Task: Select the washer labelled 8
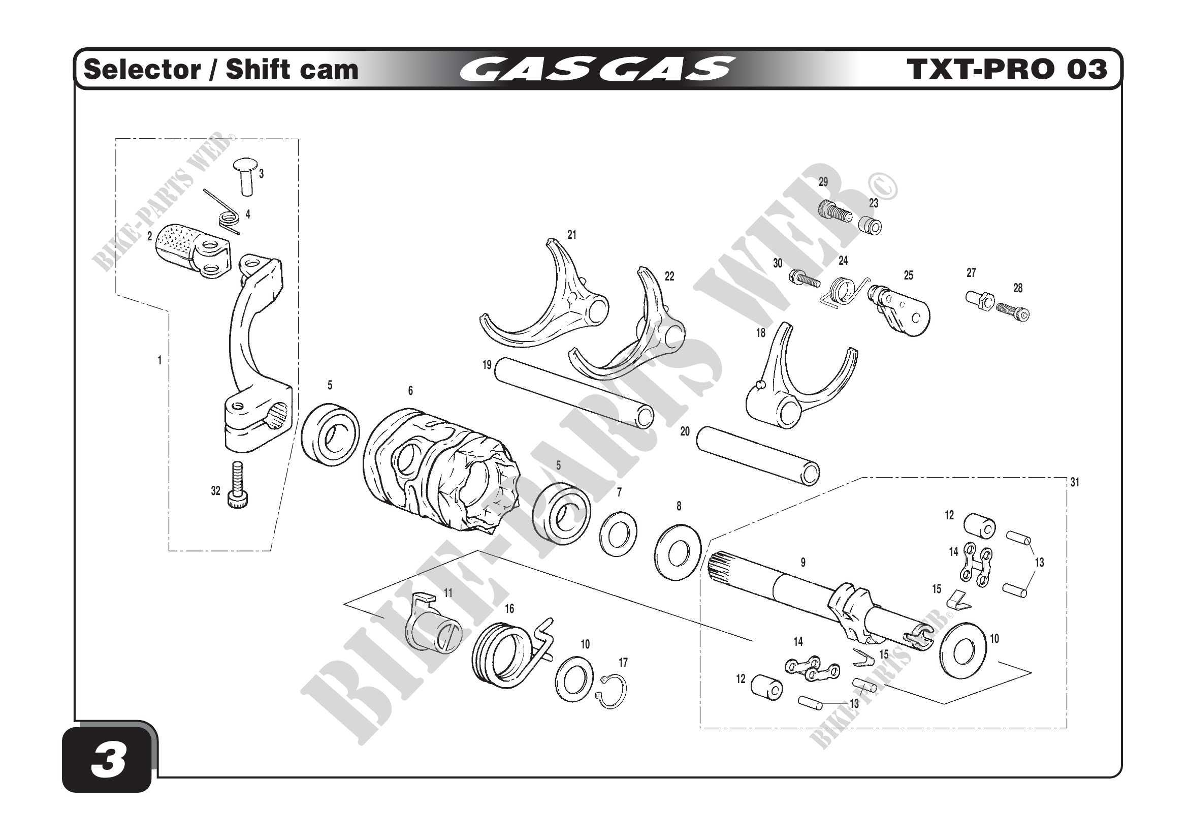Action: [678, 553]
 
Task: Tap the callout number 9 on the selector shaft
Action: [802, 562]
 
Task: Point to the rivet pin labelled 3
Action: [245, 176]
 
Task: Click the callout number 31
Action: [1075, 482]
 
